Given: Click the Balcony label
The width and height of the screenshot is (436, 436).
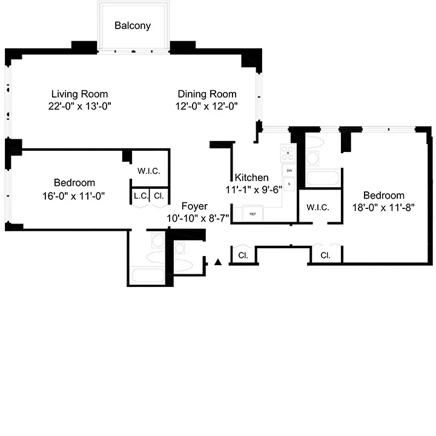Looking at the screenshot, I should pos(133,26).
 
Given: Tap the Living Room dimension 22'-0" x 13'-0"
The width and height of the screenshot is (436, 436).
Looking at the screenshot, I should pos(79,106).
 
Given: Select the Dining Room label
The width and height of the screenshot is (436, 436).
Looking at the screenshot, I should pos(207,94).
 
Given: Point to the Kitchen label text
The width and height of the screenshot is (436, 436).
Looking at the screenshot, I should pos(251,177).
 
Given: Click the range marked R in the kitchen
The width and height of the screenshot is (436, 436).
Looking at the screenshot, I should pos(288,153).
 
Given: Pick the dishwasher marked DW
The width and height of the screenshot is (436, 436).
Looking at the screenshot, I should pos(289,171).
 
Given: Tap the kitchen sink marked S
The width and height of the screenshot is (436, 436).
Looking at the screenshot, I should pos(289,184).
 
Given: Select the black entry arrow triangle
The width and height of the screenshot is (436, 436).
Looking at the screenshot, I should pos(219,262).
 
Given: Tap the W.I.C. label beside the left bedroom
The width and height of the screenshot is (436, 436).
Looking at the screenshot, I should pos(149,171).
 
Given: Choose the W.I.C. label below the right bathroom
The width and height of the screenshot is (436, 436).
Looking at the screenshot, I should pos(318,208).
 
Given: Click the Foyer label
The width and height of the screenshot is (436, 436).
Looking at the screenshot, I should pos(194,206).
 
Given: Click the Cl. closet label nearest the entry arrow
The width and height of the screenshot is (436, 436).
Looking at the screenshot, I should pos(243,255).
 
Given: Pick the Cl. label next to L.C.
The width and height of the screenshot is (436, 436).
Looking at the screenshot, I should pos(159,196).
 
